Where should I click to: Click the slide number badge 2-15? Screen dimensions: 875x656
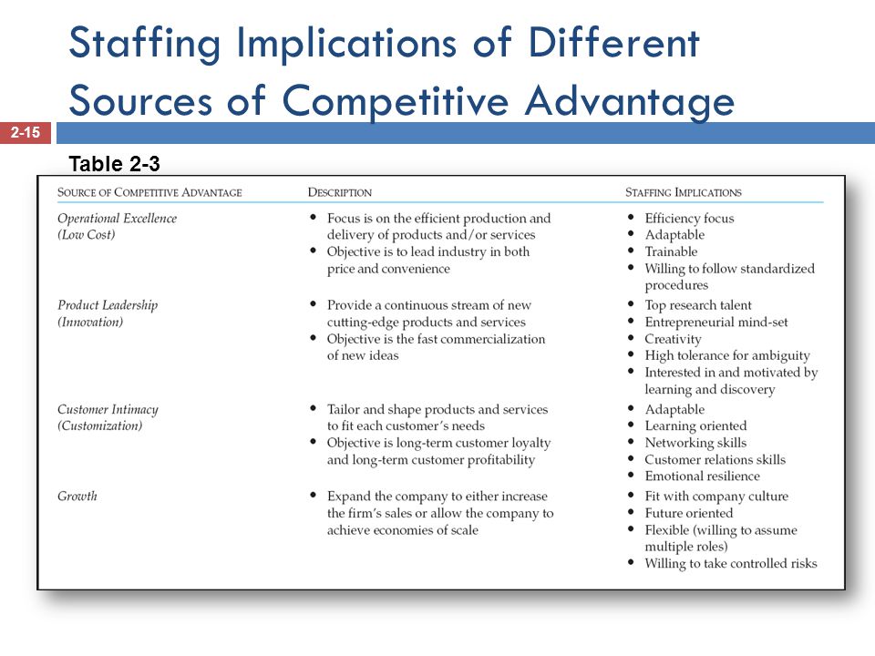pyautogui.click(x=26, y=133)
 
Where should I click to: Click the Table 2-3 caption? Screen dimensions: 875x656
pyautogui.click(x=115, y=164)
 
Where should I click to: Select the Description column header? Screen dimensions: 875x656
pyautogui.click(x=340, y=192)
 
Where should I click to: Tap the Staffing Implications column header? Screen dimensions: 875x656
pyautogui.click(x=684, y=192)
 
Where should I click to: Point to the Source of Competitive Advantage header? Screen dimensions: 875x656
pyautogui.click(x=149, y=192)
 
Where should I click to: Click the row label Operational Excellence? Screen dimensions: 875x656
pyautogui.click(x=118, y=218)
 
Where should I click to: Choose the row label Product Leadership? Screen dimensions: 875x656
pyautogui.click(x=108, y=305)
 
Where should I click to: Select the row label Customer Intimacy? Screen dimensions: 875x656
pyautogui.click(x=108, y=409)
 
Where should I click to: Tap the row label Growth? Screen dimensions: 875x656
pyautogui.click(x=77, y=496)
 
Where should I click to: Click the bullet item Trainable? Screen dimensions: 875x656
pyautogui.click(x=672, y=251)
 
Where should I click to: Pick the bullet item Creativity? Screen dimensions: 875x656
pyautogui.click(x=673, y=339)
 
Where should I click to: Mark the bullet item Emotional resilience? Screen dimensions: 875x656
pyautogui.click(x=703, y=476)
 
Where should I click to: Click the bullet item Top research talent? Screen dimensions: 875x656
pyautogui.click(x=698, y=305)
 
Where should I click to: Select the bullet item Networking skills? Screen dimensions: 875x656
pyautogui.click(x=695, y=443)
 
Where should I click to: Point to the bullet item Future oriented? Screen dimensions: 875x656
pyautogui.click(x=689, y=513)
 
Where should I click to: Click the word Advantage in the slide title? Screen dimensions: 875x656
pyautogui.click(x=630, y=101)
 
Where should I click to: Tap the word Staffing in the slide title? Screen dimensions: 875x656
pyautogui.click(x=145, y=44)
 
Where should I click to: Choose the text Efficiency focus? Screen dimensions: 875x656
pyautogui.click(x=690, y=218)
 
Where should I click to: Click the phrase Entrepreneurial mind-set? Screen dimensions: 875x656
pyautogui.click(x=716, y=322)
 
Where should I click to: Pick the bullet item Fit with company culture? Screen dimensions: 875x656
pyautogui.click(x=716, y=497)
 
